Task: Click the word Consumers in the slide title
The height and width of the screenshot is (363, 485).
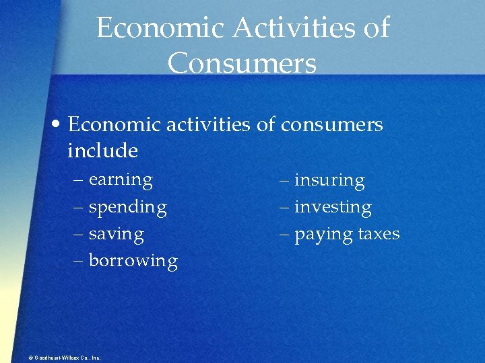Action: coord(242,64)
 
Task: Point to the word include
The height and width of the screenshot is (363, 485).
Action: coord(102,151)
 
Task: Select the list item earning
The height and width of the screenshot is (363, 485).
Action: coord(121,180)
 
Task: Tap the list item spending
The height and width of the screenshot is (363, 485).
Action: coord(127,208)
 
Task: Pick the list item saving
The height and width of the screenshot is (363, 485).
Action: coord(116,235)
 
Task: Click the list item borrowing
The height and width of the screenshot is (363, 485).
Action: coord(133,261)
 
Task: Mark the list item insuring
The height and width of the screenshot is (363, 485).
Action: coord(329,181)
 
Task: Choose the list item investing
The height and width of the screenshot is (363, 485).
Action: coord(333,208)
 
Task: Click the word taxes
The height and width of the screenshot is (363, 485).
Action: coord(379,234)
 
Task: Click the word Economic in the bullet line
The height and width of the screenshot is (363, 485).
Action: coord(111,125)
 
